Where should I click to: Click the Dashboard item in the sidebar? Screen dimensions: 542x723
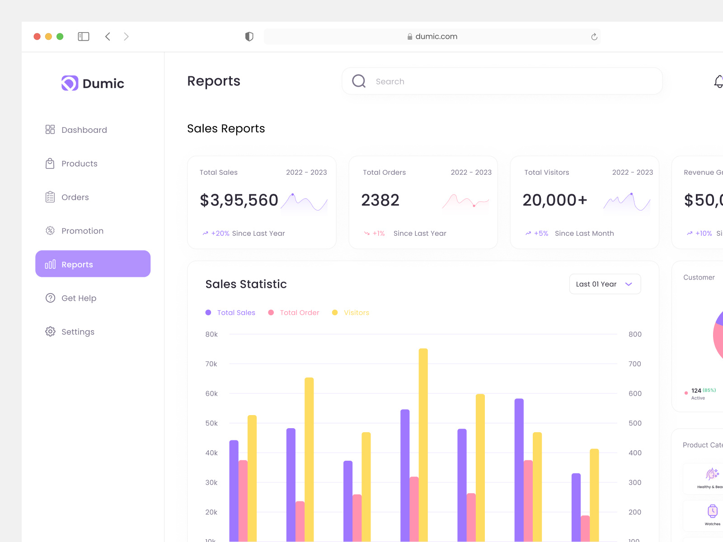click(x=76, y=130)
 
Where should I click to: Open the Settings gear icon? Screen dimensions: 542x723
click(x=50, y=332)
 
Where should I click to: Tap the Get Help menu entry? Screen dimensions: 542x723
click(x=71, y=298)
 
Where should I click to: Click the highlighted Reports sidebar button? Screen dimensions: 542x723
click(x=93, y=264)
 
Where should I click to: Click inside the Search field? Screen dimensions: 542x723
click(x=502, y=81)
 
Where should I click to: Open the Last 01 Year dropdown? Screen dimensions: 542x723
click(x=605, y=284)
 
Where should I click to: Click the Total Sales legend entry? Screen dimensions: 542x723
click(x=230, y=313)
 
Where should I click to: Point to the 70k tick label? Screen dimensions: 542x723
click(x=211, y=364)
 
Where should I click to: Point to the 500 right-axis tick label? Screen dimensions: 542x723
click(x=635, y=423)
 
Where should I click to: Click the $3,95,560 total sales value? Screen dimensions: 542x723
click(x=239, y=200)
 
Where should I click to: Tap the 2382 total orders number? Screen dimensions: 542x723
click(x=380, y=200)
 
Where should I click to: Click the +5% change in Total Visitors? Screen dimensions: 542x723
click(x=540, y=234)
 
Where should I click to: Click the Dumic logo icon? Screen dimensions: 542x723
click(x=70, y=83)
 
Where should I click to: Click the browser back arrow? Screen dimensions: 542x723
click(x=108, y=37)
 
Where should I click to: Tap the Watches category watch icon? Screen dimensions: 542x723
click(x=712, y=511)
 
